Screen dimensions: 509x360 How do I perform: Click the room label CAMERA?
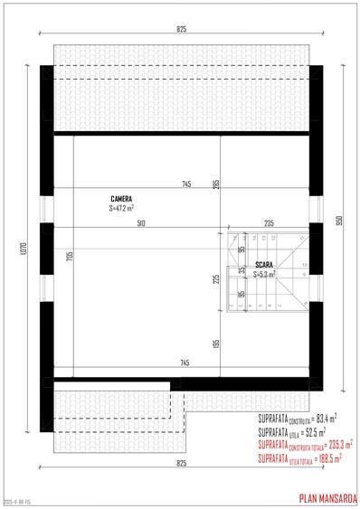pos(123,198)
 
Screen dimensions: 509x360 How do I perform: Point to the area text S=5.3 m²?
pos(264,273)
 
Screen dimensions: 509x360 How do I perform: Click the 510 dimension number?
pos(140,222)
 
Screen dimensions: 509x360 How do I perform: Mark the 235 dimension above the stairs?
pos(269,222)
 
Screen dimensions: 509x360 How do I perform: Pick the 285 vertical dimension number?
pos(216,185)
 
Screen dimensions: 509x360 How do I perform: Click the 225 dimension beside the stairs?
pos(216,278)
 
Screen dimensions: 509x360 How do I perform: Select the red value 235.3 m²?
pos(336,445)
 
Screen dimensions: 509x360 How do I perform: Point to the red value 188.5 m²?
pos(326,458)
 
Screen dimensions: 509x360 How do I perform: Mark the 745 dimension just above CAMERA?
pos(185,184)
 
